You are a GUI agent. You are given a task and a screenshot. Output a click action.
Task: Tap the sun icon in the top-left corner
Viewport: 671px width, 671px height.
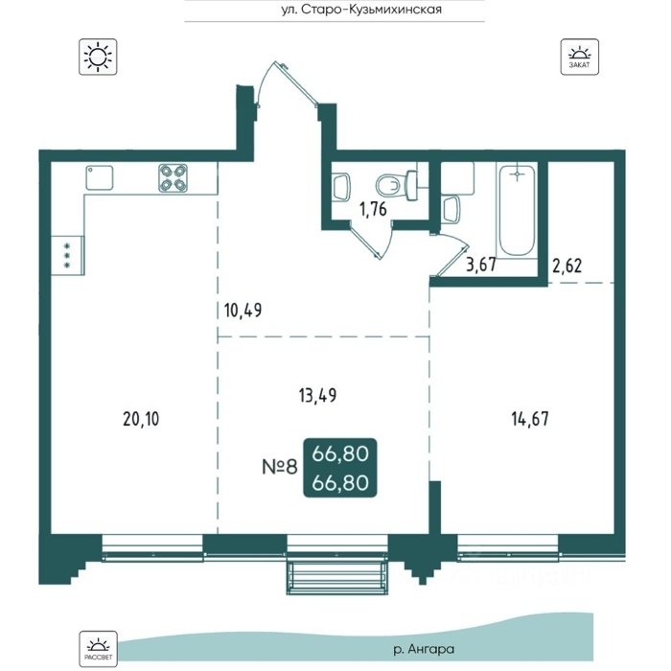98,57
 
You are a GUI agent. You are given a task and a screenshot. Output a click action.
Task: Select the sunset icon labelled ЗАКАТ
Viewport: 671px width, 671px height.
579,57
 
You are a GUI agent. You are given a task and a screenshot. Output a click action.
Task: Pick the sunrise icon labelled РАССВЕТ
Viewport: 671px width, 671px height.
98,648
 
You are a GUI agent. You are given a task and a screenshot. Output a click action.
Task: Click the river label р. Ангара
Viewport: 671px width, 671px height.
424,649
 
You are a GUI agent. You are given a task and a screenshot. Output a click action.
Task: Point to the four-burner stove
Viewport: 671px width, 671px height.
173,178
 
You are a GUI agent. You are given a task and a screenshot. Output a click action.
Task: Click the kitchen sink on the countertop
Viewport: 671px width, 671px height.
100,177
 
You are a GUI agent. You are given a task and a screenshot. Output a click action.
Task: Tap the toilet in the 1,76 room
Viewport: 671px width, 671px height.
397,185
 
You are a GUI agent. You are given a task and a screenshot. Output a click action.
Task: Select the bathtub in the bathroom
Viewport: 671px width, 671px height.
517,210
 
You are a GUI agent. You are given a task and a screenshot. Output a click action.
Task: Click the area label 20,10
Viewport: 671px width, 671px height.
141,419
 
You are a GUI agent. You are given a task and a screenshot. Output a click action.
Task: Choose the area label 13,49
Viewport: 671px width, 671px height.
317,395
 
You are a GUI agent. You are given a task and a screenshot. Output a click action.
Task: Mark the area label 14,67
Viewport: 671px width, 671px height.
530,419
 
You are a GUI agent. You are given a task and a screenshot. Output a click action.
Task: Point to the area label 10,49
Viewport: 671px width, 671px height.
243,310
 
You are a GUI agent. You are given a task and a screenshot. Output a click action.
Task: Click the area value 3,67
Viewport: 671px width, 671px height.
481,265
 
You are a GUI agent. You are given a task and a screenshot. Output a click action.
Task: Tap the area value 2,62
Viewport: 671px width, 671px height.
567,266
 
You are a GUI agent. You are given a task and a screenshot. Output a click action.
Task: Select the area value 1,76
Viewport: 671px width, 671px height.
373,209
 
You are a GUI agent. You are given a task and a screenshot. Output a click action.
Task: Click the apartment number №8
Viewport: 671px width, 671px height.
280,467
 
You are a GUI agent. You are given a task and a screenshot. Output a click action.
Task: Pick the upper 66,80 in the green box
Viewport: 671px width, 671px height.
340,453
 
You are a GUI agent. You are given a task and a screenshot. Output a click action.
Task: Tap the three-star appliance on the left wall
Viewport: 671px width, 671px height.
67,256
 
